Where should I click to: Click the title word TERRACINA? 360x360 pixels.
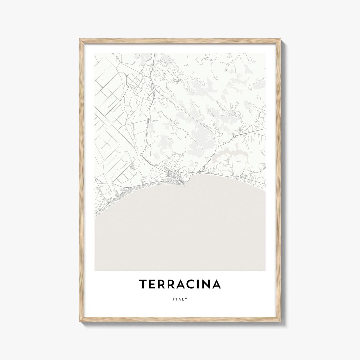180,284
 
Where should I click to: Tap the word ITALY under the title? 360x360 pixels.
180,299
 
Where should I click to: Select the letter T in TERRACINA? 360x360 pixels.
143,284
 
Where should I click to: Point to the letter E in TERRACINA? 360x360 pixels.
152,284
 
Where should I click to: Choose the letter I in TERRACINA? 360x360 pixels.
201,284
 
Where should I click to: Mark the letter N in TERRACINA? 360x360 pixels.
208,284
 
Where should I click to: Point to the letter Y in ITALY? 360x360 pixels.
187,299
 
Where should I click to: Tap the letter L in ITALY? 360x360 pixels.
183,299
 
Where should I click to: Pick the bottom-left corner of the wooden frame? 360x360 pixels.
80,321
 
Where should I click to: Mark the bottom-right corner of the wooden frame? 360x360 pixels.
280,321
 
